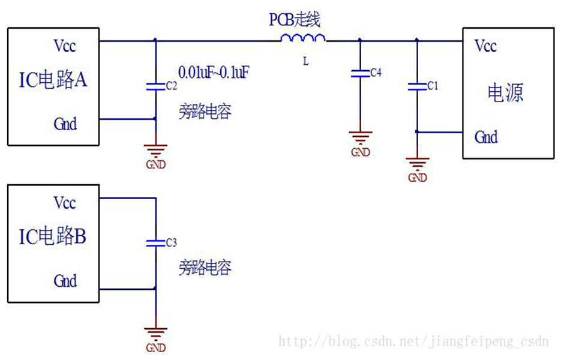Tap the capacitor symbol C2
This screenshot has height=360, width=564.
155,86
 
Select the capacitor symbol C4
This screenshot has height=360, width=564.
359,73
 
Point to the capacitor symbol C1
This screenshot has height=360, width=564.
416,86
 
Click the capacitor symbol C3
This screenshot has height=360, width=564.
155,242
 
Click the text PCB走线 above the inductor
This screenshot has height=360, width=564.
294,20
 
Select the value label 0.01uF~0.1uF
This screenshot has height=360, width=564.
214,73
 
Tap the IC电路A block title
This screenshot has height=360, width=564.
53,80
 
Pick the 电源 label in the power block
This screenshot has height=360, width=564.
506,93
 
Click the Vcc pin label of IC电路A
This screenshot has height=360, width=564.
65,46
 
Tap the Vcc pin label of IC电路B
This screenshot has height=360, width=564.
65,202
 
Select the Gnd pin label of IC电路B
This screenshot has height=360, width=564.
65,280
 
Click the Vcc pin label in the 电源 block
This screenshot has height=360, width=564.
485,46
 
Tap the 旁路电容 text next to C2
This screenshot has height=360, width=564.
205,112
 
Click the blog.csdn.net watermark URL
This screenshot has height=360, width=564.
414,342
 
